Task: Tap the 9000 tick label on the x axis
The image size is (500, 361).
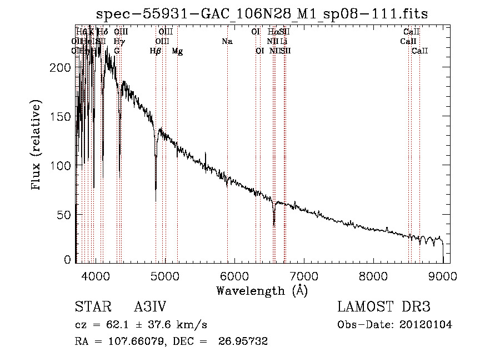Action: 443,275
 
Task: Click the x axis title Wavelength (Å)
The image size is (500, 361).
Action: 262,290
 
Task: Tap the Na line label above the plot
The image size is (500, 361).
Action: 227,42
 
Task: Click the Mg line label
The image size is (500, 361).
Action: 177,51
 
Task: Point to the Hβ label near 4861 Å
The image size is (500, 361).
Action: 156,51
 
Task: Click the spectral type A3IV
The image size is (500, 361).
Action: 151,308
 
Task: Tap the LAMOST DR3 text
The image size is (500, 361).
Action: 384,308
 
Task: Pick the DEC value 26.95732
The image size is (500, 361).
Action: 244,342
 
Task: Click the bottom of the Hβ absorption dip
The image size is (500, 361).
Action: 156,200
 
